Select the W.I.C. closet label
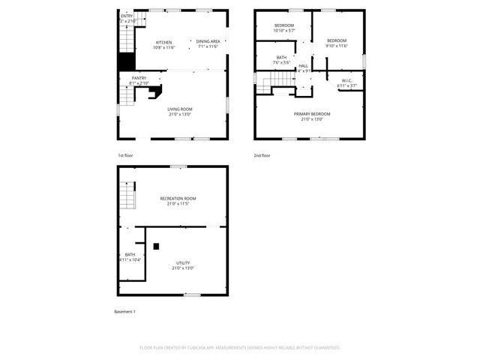coord(346,83)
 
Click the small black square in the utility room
coord(156,245)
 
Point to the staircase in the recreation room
coord(127,196)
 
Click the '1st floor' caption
coord(125,155)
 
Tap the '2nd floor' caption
coord(262,155)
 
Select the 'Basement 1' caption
coord(124,311)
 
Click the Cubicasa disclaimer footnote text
coord(240,348)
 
